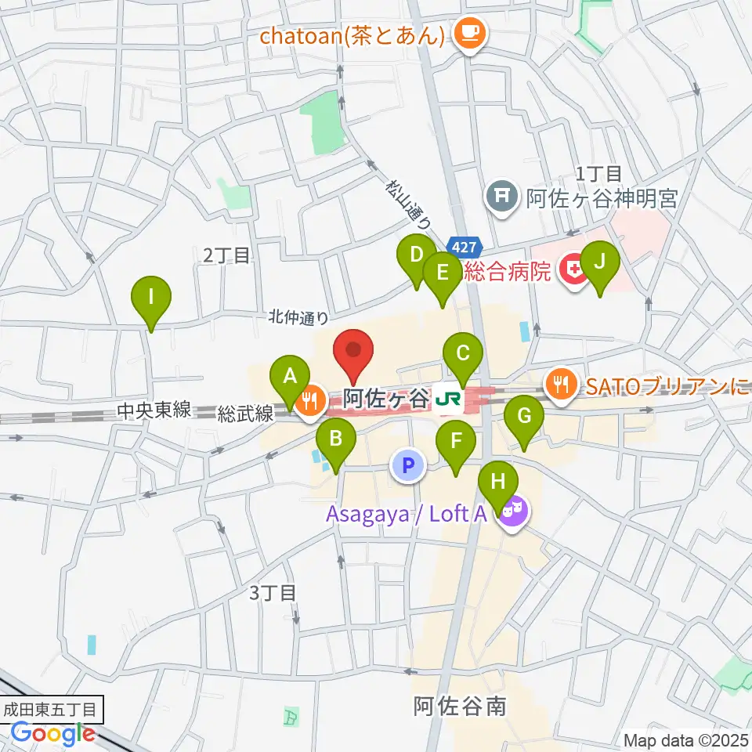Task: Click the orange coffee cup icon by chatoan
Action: (x=472, y=33)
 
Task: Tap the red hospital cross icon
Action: (x=574, y=271)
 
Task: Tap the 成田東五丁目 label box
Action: (x=52, y=711)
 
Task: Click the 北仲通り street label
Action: (x=298, y=317)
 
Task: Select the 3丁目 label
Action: (x=273, y=592)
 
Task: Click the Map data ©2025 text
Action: (x=686, y=739)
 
